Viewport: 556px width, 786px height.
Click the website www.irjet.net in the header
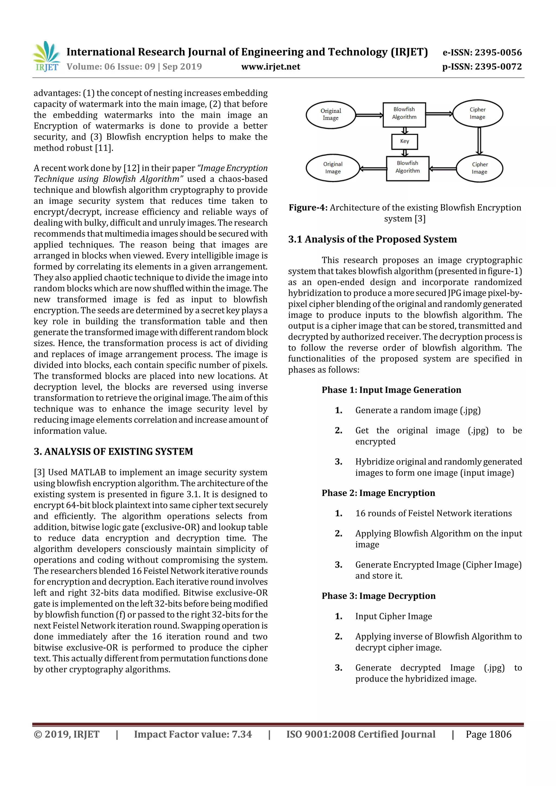pyautogui.click(x=270, y=67)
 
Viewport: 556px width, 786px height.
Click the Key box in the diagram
pyautogui.click(x=404, y=141)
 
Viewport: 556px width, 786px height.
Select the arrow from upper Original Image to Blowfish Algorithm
pyautogui.click(x=369, y=115)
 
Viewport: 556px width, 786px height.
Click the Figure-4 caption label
pyautogui.click(x=308, y=208)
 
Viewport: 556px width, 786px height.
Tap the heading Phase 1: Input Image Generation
pyautogui.click(x=391, y=390)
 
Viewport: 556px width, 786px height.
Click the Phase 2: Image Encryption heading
pyautogui.click(x=378, y=493)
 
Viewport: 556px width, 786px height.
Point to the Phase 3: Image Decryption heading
pyautogui.click(x=378, y=596)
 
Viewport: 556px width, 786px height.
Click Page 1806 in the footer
pyautogui.click(x=488, y=734)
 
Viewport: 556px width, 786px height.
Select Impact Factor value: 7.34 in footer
pyautogui.click(x=192, y=734)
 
